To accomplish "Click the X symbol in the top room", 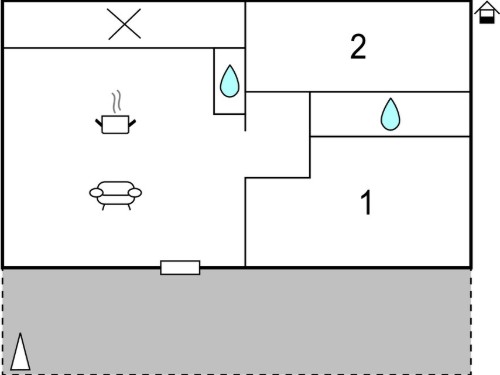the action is [x=124, y=24].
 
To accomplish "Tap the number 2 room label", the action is [x=358, y=47].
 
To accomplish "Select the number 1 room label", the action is [x=366, y=202].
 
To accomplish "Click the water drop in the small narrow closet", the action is [x=230, y=81].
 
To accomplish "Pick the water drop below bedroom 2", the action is [x=390, y=114].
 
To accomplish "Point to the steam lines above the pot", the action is [x=116, y=102].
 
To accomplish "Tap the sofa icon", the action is [x=115, y=196].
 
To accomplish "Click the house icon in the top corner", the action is [x=487, y=13].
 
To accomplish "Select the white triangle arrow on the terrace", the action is [x=20, y=352].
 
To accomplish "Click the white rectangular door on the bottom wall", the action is [x=180, y=268].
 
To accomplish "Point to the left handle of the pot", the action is [x=99, y=123].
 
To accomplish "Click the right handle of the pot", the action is [x=132, y=123].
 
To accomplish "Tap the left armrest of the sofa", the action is [x=96, y=193].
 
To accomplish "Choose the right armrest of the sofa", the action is [x=135, y=193].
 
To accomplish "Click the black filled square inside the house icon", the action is [x=487, y=19].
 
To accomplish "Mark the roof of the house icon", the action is [x=487, y=7].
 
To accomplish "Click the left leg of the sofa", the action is [x=103, y=207].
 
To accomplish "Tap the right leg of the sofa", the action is [x=129, y=207].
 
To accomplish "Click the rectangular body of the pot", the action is [x=115, y=125].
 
